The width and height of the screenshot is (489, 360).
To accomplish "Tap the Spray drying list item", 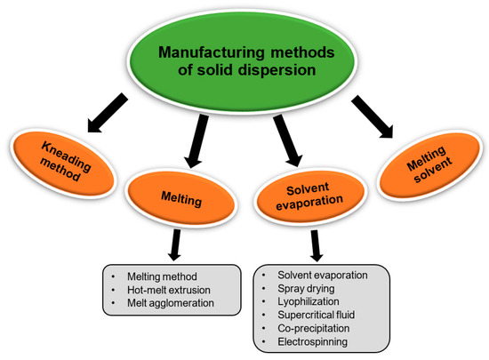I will tap(306, 290).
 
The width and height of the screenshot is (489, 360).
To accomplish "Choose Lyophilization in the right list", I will tap(308, 305).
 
